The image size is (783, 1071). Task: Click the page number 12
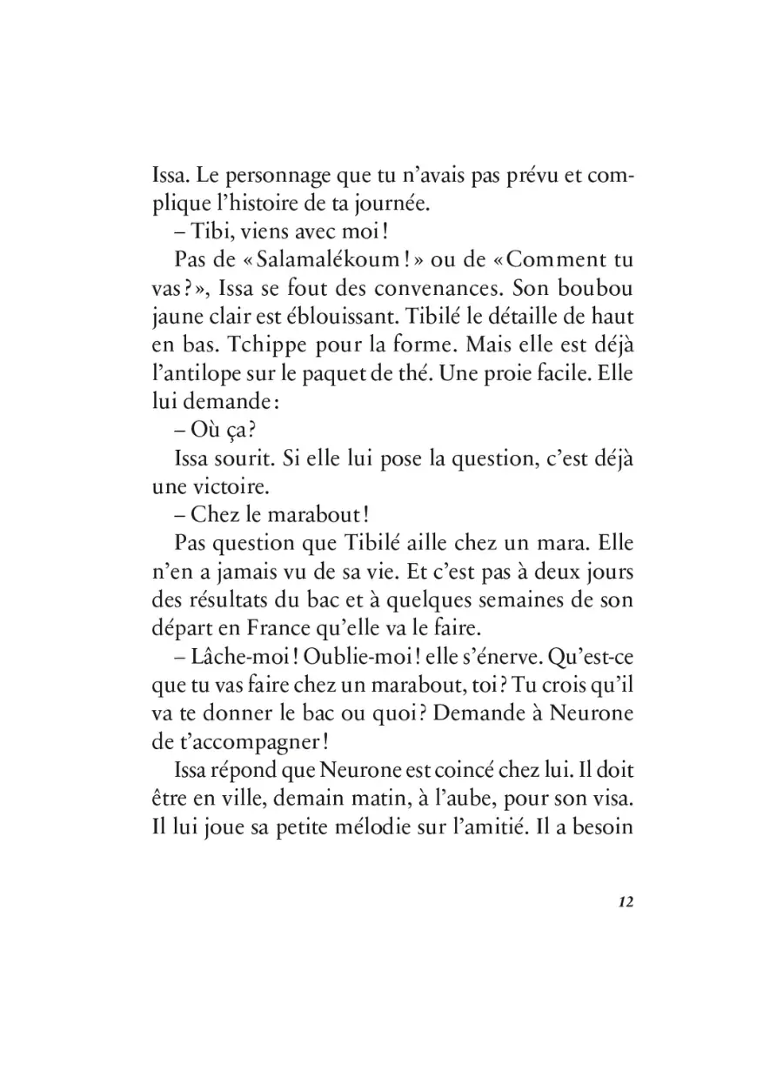point(624,901)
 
